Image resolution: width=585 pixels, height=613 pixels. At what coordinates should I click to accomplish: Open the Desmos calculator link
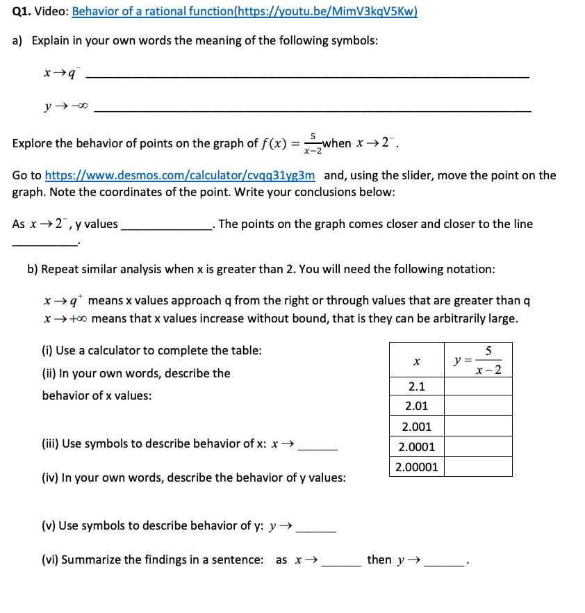click(180, 175)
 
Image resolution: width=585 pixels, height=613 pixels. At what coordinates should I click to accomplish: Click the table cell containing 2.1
click(416, 386)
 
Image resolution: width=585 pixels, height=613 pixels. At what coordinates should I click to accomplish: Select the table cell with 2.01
click(416, 406)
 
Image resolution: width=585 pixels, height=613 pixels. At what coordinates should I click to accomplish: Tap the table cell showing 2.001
click(416, 427)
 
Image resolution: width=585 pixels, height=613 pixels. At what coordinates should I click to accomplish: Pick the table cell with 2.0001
click(416, 447)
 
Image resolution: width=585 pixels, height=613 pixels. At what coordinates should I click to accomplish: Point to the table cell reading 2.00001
click(416, 466)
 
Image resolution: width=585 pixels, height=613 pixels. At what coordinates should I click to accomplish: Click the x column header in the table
click(416, 361)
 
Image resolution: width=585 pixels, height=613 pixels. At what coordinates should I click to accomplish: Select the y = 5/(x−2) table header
click(478, 361)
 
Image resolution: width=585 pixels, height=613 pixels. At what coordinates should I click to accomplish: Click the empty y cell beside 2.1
click(478, 386)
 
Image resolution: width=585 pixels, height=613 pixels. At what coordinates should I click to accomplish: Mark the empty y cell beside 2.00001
click(478, 466)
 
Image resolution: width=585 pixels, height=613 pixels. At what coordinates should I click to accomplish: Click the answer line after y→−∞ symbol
click(312, 111)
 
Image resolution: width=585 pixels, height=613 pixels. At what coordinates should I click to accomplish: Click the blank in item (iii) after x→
click(318, 450)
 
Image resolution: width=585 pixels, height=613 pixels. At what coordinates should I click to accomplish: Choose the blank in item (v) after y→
click(316, 532)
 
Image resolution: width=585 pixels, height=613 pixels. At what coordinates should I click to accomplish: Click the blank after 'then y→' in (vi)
click(445, 566)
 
